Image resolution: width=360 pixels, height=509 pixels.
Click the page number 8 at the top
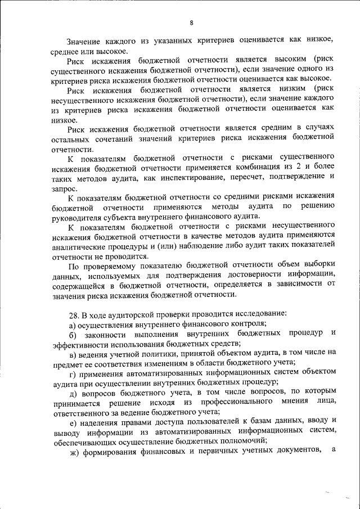point(191,22)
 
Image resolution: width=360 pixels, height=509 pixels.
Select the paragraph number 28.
point(73,313)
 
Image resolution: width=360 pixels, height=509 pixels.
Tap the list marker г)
point(72,372)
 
